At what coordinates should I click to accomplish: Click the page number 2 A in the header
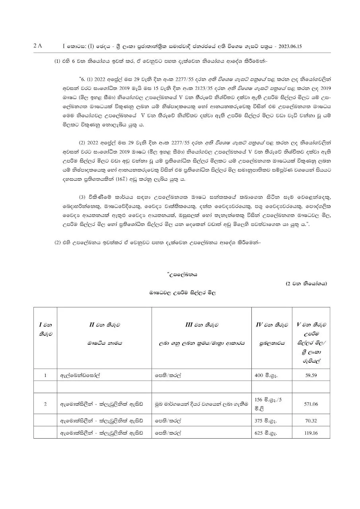pyautogui.click(x=38, y=46)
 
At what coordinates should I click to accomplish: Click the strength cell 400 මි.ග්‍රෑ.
pyautogui.click(x=267, y=375)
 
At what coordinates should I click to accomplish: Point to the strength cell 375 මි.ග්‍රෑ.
pyautogui.click(x=267, y=420)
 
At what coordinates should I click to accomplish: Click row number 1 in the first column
pyautogui.click(x=45, y=375)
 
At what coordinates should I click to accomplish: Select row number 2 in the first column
pyautogui.click(x=45, y=404)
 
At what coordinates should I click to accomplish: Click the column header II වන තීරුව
pyautogui.click(x=104, y=325)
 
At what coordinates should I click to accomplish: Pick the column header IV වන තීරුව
pyautogui.click(x=272, y=325)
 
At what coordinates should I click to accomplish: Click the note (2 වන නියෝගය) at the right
pyautogui.click(x=306, y=284)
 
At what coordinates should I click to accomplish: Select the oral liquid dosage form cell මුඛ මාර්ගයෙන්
pyautogui.click(x=200, y=404)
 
